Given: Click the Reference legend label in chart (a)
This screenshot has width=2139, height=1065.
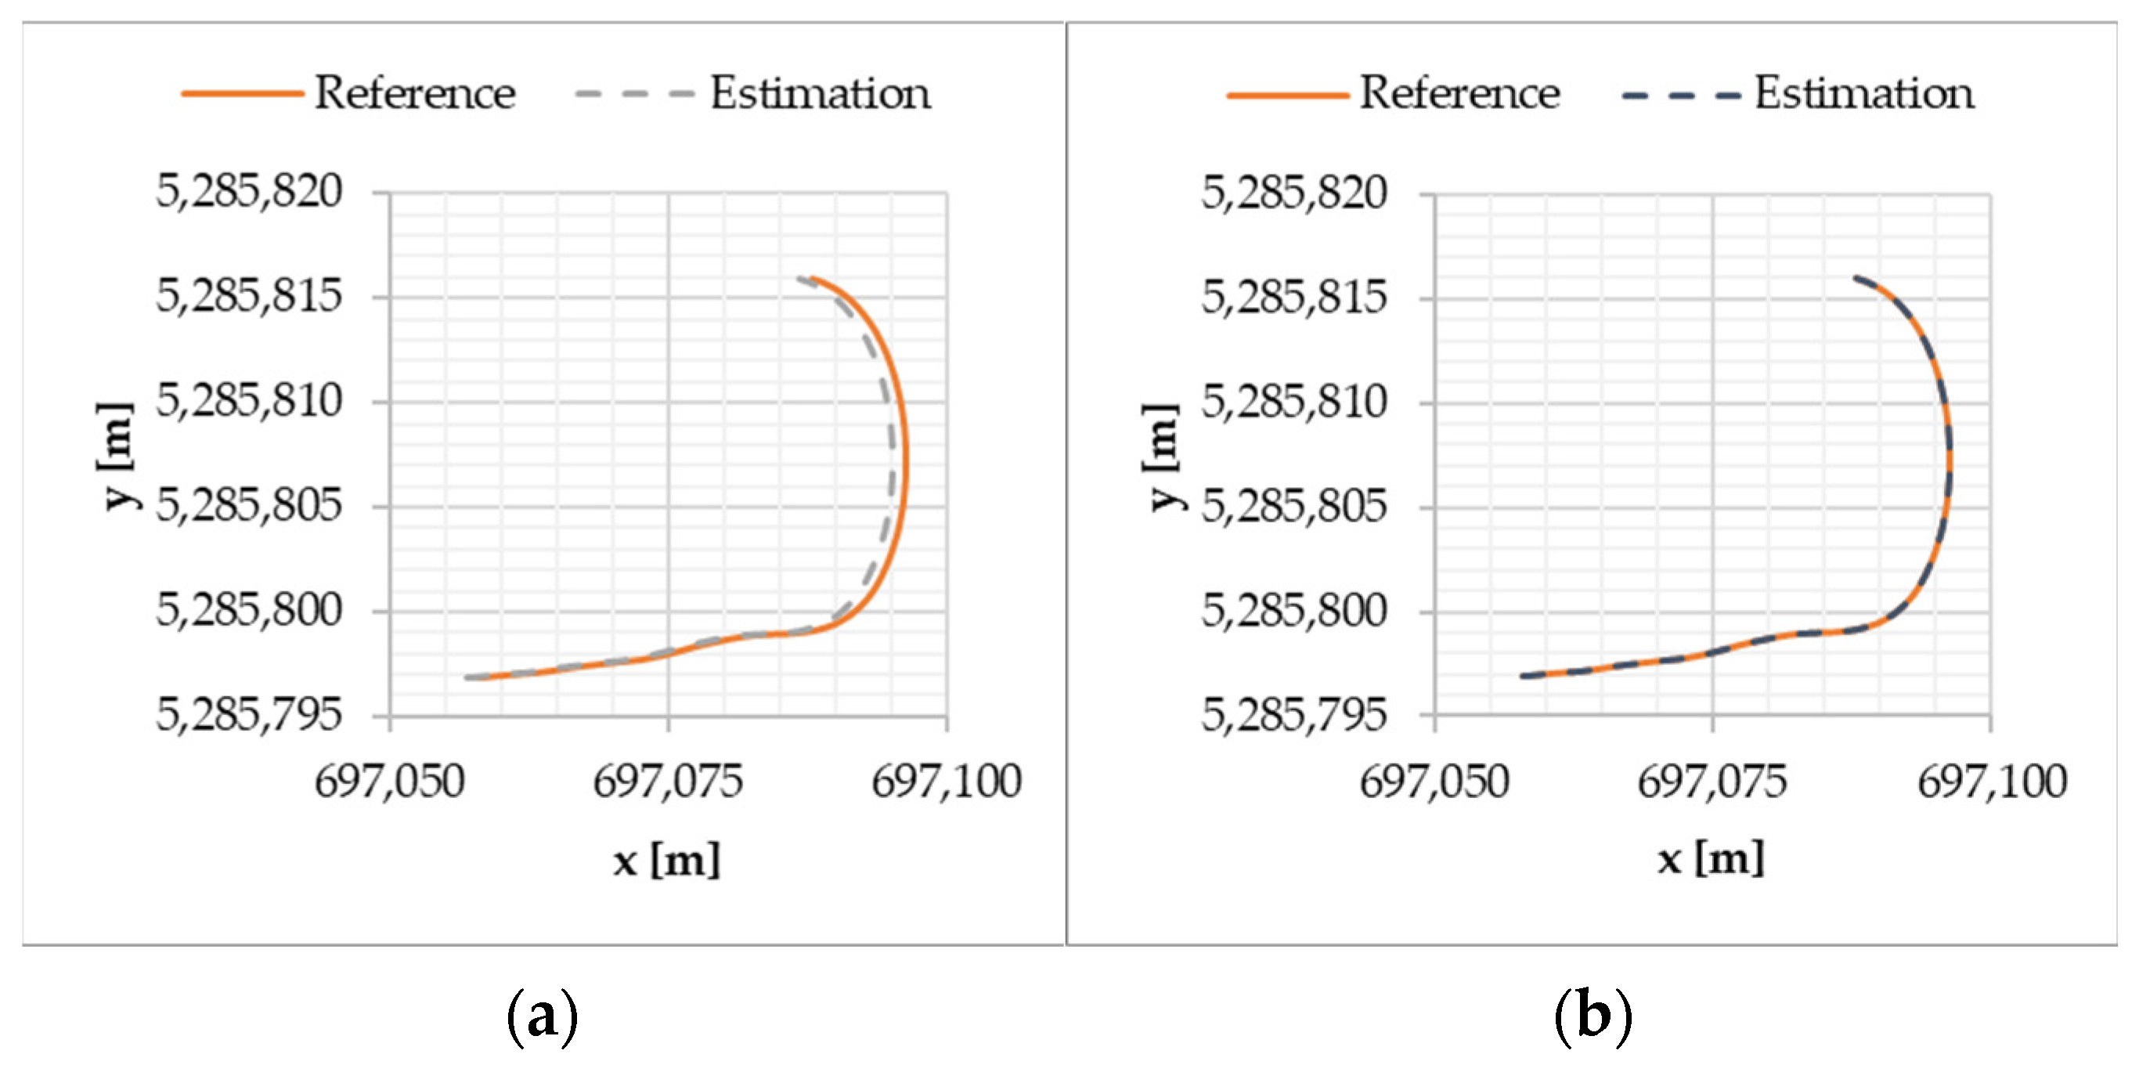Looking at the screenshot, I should [x=415, y=92].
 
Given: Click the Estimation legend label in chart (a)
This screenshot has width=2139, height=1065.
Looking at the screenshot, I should [x=821, y=92].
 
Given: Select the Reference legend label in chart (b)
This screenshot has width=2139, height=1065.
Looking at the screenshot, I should [x=1459, y=92].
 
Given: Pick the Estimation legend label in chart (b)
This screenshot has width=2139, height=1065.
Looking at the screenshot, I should [x=1864, y=92].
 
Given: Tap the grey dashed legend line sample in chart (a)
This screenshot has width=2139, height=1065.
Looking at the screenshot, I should [x=634, y=94].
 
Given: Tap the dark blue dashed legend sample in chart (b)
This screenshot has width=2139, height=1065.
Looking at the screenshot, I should [x=1681, y=96].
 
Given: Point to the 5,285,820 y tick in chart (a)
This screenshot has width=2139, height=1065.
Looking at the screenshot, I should [x=249, y=192].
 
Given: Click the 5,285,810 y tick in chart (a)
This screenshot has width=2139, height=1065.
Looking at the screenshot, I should [x=249, y=401].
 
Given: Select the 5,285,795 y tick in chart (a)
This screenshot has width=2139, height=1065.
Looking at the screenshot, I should [x=249, y=714].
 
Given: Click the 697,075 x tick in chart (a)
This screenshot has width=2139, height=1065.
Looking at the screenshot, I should [x=668, y=782].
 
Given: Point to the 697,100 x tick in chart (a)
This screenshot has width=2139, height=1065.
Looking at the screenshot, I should [x=947, y=782].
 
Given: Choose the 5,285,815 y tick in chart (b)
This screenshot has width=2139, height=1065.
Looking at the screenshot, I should [x=1293, y=298].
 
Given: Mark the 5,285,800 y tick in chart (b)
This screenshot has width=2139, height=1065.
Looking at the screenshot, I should [x=1293, y=612].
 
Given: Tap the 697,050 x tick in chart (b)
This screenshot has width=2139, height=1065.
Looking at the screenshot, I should [x=1434, y=782].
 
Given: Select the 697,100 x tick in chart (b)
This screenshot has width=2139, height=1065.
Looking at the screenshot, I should [x=1992, y=782].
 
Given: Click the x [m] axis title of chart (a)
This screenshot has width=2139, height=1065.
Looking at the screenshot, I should [x=667, y=860].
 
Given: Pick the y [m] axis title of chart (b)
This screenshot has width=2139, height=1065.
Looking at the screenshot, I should [x=1161, y=457].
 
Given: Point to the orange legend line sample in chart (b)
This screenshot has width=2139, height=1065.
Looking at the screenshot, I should [x=1287, y=96].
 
